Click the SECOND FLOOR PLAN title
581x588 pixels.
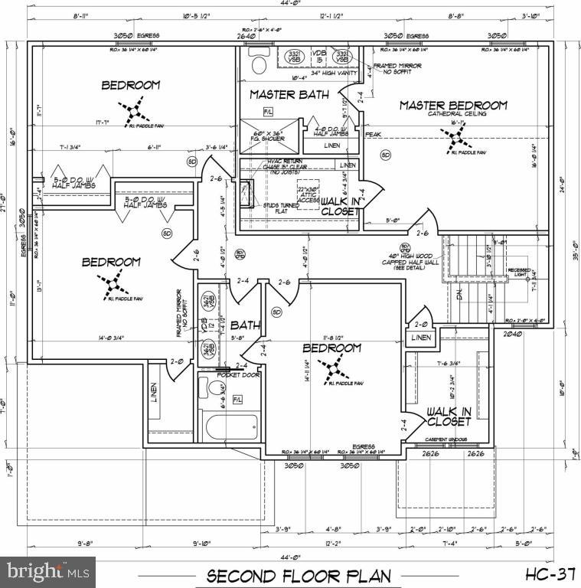pos(299,575)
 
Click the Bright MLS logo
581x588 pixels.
pos(48,570)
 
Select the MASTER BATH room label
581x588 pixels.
pos(289,95)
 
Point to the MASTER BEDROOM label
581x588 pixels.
pos(453,105)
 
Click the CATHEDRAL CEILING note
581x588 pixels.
pos(453,114)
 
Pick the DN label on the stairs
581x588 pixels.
pos(460,295)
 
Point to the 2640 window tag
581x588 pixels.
pos(245,36)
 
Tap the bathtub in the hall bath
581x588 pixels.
pos(230,425)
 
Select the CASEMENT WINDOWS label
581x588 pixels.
pos(448,439)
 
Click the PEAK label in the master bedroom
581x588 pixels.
pos(373,134)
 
